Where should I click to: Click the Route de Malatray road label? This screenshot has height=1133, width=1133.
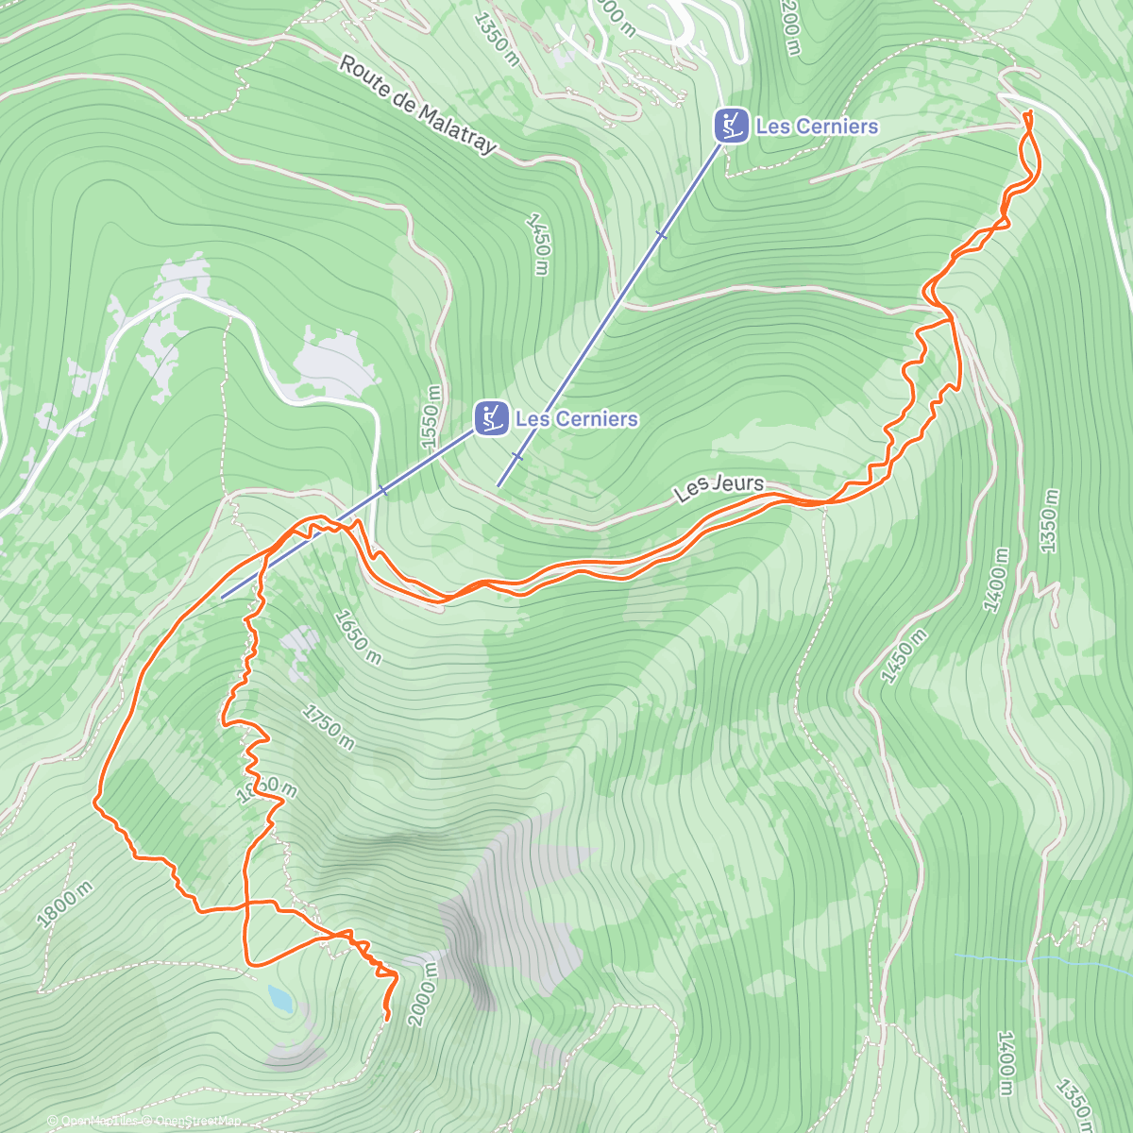416,105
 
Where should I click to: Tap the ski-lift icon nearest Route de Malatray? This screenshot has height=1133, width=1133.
731,126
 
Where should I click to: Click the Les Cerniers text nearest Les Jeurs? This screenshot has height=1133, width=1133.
577,418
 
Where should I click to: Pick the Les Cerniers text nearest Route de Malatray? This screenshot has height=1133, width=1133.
817,126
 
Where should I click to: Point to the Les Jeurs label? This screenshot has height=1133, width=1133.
719,487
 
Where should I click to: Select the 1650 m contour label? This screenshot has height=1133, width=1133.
358,637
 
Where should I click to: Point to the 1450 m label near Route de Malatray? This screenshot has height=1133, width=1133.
537,244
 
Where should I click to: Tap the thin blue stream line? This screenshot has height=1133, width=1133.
1039,960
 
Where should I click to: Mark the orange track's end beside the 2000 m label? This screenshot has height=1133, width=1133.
388,1018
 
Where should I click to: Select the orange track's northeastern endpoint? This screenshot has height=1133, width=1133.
1027,113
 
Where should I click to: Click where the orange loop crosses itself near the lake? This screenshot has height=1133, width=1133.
246,905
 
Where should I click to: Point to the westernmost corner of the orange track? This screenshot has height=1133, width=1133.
95,803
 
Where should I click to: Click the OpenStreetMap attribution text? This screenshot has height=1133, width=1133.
193,1122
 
